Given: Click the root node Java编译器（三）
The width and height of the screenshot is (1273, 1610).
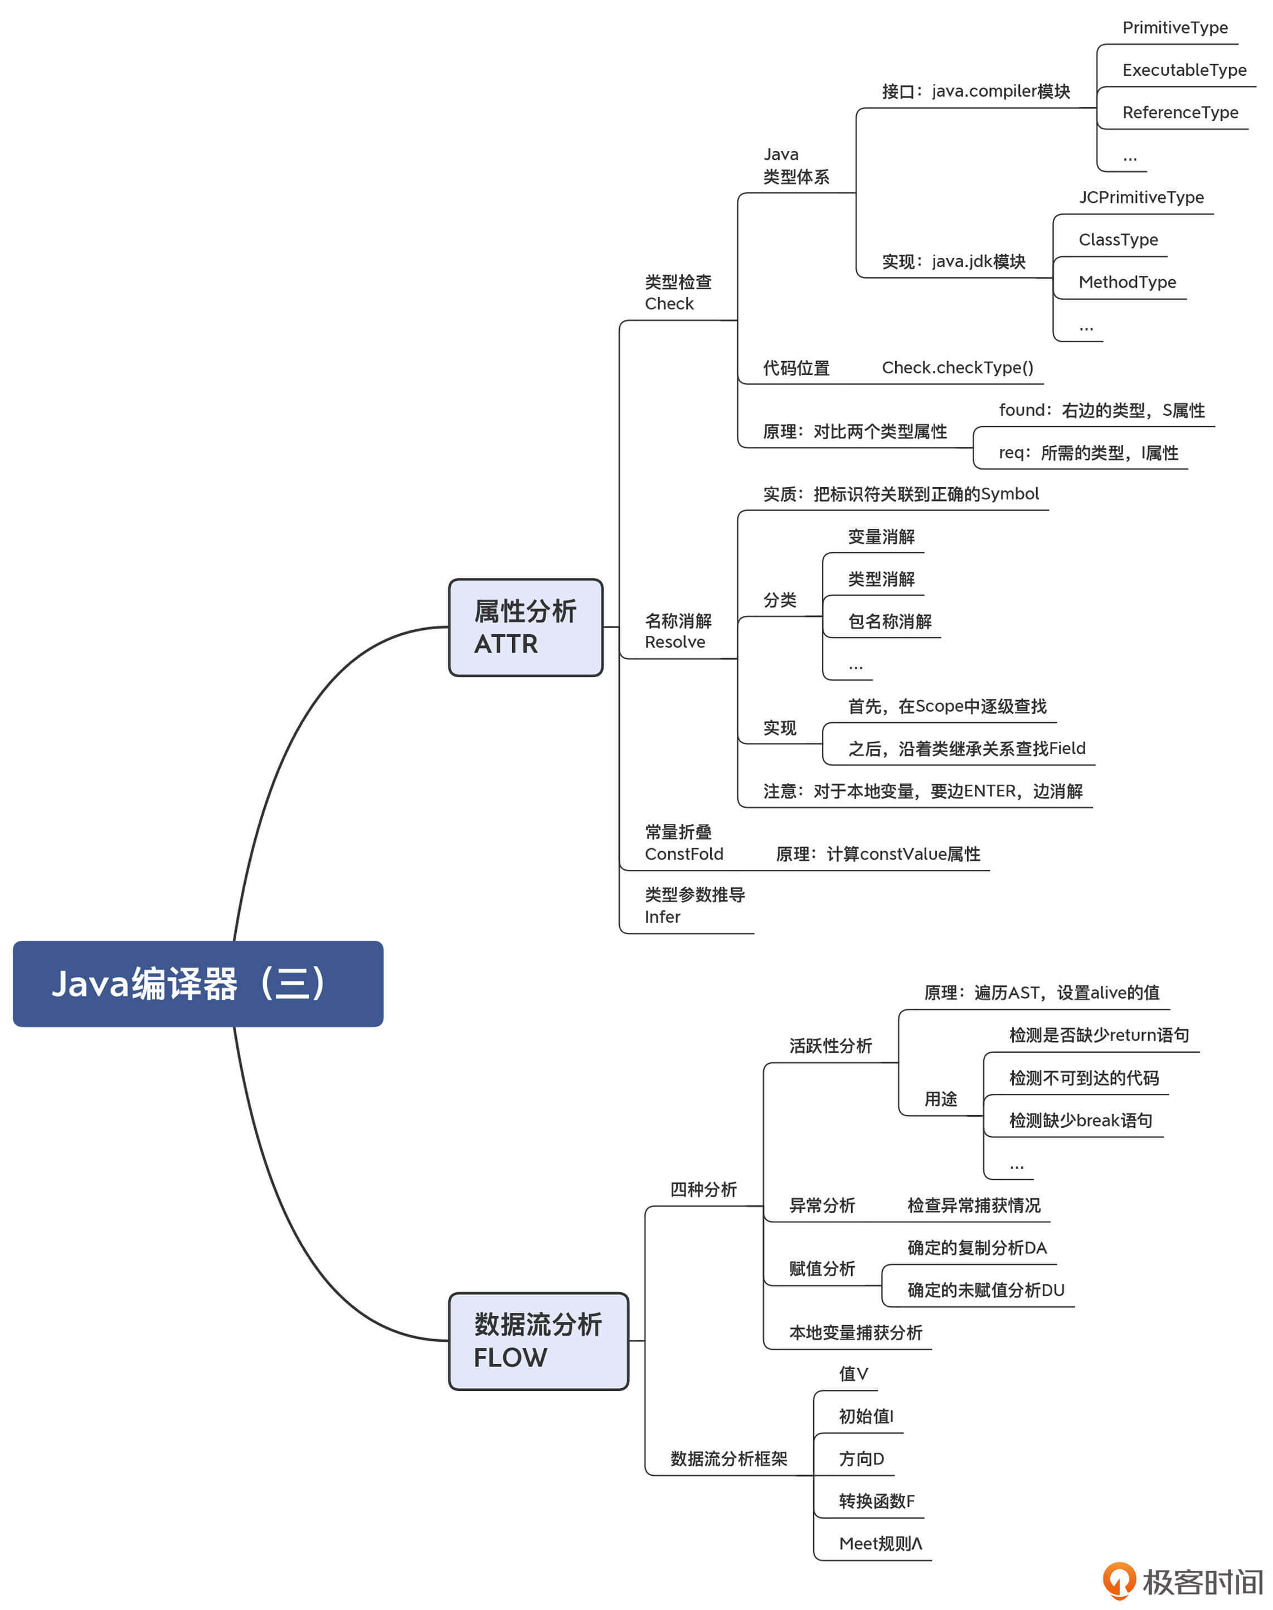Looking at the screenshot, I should pyautogui.click(x=197, y=984).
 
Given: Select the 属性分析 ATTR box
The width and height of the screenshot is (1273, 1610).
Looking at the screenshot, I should pyautogui.click(x=526, y=628).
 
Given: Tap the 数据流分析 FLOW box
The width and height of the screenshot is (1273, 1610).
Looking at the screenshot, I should pyautogui.click(x=538, y=1341).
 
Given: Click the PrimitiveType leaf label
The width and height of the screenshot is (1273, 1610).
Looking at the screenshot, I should pyautogui.click(x=1174, y=27).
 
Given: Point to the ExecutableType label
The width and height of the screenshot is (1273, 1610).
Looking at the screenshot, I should pyautogui.click(x=1184, y=70).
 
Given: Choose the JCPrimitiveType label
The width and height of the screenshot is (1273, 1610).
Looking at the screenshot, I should pyautogui.click(x=1140, y=197).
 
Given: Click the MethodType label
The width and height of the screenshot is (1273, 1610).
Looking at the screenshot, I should pyautogui.click(x=1127, y=283).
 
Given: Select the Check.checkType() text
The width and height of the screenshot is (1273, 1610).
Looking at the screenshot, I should pyautogui.click(x=957, y=367).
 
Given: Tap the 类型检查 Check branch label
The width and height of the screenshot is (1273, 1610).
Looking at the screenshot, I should pyautogui.click(x=678, y=293).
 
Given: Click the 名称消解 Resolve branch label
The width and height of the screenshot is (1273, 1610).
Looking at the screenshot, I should pyautogui.click(x=678, y=631).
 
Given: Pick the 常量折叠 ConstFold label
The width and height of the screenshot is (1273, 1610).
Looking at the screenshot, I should pyautogui.click(x=683, y=843).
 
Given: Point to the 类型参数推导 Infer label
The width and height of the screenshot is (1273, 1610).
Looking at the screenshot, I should pyautogui.click(x=694, y=905).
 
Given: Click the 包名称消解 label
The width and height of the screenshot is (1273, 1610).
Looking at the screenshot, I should pyautogui.click(x=889, y=621).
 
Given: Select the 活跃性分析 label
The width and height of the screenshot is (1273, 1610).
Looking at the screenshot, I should pyautogui.click(x=830, y=1046).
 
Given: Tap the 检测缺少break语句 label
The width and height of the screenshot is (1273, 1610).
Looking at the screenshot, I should pyautogui.click(x=1080, y=1121).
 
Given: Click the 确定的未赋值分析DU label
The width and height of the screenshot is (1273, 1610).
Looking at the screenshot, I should pyautogui.click(x=985, y=1290).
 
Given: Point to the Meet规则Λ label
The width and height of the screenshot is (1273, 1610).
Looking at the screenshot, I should pyautogui.click(x=880, y=1544).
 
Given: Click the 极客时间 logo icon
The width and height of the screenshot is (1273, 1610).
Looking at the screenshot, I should pyautogui.click(x=1119, y=1580).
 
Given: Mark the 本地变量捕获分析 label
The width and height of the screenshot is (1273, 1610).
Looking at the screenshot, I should pyautogui.click(x=855, y=1333).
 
